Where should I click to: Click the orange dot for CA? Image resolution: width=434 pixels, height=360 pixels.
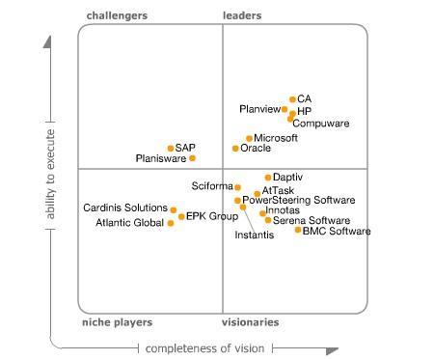pos(292,99)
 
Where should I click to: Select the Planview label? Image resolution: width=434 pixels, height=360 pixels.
pos(260,110)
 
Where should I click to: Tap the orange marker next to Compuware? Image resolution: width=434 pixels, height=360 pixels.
pos(290,119)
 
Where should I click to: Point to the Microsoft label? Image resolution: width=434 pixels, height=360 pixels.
pos(276,139)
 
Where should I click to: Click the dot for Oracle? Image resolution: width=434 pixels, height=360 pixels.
pos(235,149)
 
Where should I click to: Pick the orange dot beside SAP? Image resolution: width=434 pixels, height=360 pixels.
pos(171,149)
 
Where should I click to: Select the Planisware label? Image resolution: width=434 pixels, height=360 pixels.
pos(161,158)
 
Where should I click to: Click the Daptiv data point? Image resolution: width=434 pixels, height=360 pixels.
pos(268,178)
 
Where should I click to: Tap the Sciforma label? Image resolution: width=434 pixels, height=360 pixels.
pos(212,186)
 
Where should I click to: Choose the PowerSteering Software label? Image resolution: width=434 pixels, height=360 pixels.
pos(298,201)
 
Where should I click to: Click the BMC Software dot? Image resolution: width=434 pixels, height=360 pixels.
pos(298,230)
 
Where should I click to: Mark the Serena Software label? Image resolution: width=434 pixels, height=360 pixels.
pos(312,221)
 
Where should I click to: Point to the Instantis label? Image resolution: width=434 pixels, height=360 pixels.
pos(255,235)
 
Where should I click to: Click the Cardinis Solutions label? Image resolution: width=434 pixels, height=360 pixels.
pos(125,208)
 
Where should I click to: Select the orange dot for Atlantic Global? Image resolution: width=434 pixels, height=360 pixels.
pos(171,223)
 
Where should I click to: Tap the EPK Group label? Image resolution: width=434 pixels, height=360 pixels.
pos(211,216)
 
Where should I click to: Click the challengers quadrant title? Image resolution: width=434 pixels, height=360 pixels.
pos(117,15)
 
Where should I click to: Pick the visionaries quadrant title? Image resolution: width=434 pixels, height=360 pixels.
pos(250,322)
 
